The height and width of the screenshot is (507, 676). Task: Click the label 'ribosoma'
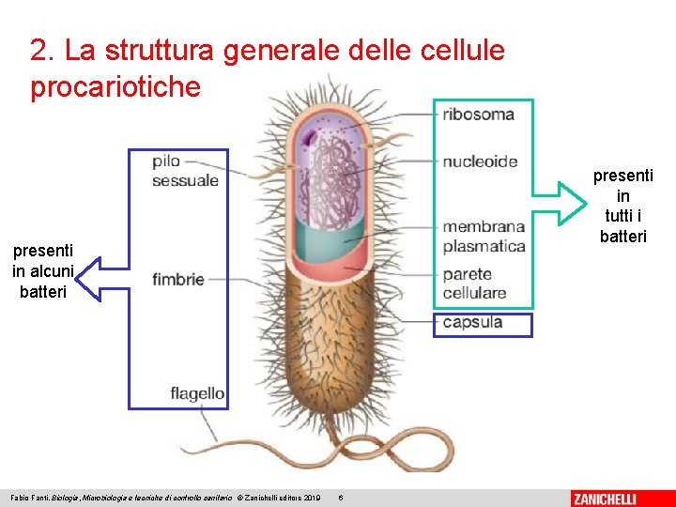click(478, 115)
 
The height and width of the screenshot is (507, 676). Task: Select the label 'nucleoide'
click(480, 161)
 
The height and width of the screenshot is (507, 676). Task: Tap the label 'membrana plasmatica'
click(484, 237)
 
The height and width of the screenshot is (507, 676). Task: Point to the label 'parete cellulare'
click(474, 284)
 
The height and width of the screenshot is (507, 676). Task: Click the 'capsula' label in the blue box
click(472, 323)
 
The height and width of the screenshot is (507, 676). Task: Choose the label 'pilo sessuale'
click(185, 171)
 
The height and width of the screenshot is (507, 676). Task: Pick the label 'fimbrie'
click(177, 279)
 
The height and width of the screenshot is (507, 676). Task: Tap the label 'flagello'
click(197, 393)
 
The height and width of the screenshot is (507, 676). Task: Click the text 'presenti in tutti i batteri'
click(622, 206)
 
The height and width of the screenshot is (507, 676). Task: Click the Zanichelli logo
click(617, 498)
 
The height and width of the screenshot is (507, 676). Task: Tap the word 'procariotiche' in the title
click(115, 87)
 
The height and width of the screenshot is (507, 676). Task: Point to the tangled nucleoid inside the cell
click(330, 178)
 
